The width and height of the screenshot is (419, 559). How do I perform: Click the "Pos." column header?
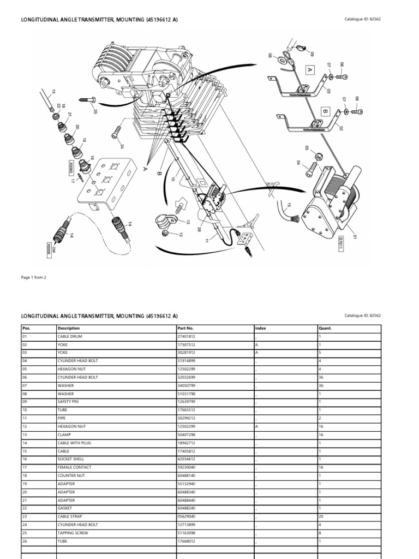pos(25,328)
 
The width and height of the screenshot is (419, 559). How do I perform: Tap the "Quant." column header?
pos(325,328)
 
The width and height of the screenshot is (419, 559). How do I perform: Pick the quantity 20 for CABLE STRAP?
pos(321,516)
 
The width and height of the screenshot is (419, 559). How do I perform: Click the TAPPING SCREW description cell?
pos(72,532)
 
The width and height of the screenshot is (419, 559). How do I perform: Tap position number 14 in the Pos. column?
pos(25,442)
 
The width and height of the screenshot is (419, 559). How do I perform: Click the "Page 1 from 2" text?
pos(33,277)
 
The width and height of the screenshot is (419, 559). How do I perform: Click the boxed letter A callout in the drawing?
pos(309,70)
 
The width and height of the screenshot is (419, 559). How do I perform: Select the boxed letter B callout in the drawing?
pos(326,110)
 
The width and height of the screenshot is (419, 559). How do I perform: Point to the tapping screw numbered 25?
pos(87,101)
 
